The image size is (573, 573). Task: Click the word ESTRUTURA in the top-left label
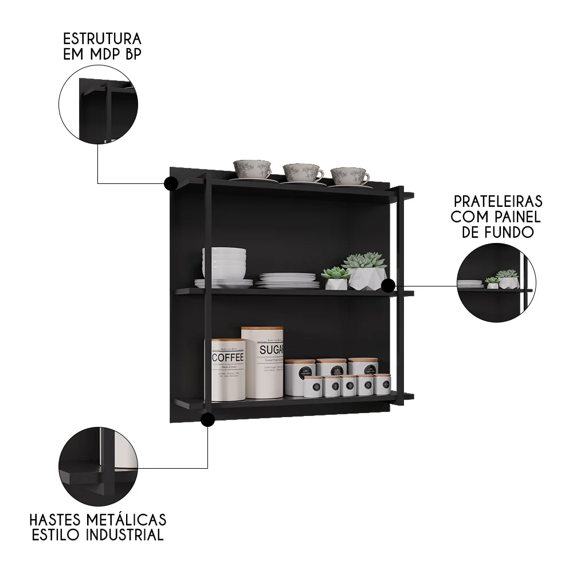coord(102,40)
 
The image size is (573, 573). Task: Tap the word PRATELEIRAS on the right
coord(498,202)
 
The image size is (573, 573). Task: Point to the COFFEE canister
coord(228,370)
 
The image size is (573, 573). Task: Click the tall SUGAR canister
coord(262,362)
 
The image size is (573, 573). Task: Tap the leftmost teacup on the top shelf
coord(252,170)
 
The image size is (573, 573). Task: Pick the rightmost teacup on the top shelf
coord(350,176)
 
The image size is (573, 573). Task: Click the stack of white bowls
coord(224,263)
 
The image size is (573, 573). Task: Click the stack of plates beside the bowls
coord(287,280)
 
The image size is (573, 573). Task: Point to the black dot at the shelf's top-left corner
coord(170,183)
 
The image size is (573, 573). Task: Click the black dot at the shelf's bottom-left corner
coord(208,420)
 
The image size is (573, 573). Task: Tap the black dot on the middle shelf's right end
coord(388,285)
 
